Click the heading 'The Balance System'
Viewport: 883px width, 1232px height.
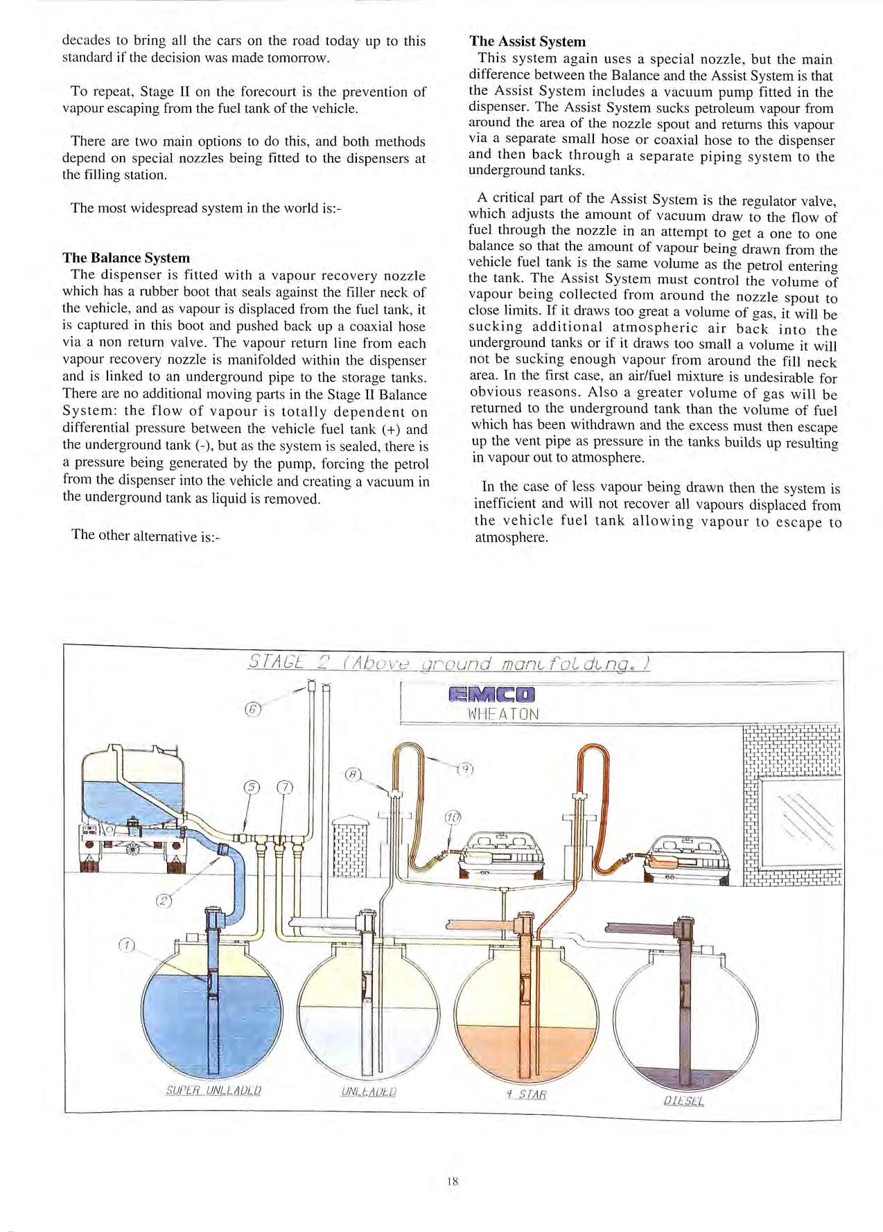[x=125, y=258]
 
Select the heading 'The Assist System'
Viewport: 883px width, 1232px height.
[x=527, y=42]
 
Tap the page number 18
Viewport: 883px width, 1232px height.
[x=453, y=1181]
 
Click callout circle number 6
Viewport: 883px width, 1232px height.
[x=254, y=709]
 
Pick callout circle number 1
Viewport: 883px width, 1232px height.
[x=125, y=946]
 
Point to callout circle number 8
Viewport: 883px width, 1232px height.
[x=352, y=773]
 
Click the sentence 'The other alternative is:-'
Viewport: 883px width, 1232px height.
[x=146, y=534]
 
